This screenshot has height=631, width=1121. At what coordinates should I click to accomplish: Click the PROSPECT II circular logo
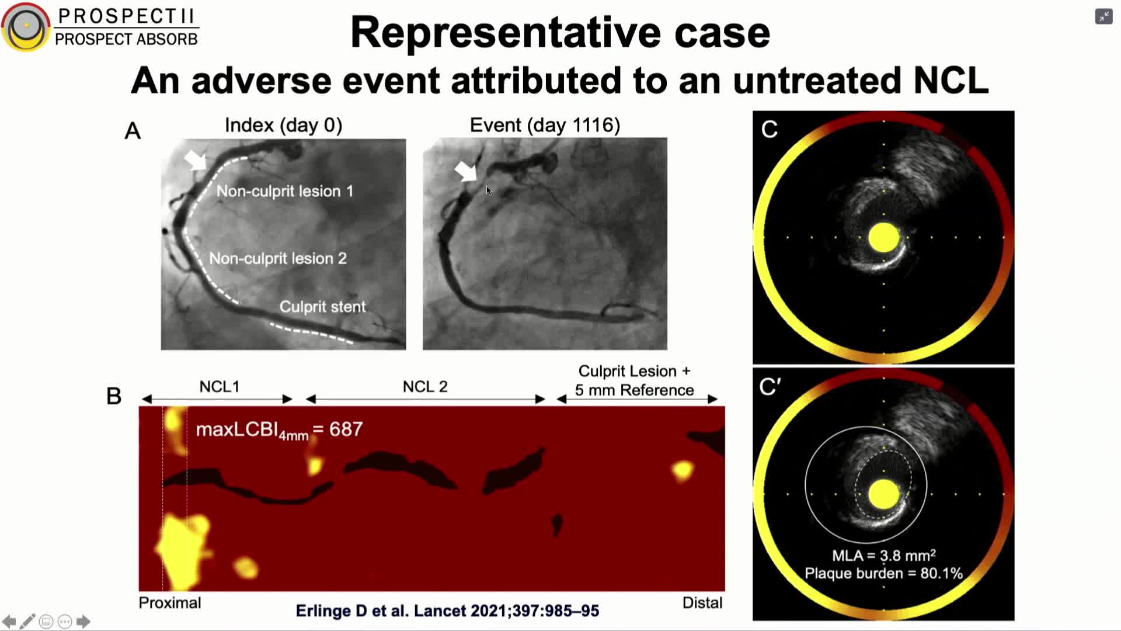tap(26, 27)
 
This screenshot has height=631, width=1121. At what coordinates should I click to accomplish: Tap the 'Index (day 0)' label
tap(283, 125)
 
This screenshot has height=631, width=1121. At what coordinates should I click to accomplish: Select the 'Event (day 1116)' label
tap(545, 125)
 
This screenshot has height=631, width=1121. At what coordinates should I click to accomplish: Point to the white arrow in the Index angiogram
tap(195, 160)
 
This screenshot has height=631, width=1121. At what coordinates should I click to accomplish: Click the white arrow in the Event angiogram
tap(466, 171)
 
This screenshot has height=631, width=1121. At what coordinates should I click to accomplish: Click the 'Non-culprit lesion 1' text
tap(285, 191)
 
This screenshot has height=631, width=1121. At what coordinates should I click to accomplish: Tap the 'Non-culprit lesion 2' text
tap(278, 258)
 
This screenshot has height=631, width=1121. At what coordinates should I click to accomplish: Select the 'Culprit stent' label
tap(322, 307)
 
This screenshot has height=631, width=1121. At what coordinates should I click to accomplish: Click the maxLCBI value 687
tap(346, 429)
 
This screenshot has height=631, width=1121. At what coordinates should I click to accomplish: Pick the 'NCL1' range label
tap(220, 387)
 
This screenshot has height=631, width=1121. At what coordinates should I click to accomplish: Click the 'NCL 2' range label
tap(425, 387)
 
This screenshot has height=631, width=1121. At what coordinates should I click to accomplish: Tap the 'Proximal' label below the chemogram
tap(170, 603)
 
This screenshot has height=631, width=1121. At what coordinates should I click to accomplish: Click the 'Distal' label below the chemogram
tap(702, 603)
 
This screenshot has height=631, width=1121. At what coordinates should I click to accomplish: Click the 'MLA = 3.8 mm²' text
tap(883, 555)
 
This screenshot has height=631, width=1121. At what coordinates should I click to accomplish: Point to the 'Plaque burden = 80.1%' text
tap(883, 573)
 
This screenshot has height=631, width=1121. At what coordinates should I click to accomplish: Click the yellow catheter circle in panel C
tap(883, 238)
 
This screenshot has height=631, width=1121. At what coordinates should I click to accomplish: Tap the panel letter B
tap(114, 396)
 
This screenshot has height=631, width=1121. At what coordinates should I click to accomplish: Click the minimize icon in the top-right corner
tap(1103, 16)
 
